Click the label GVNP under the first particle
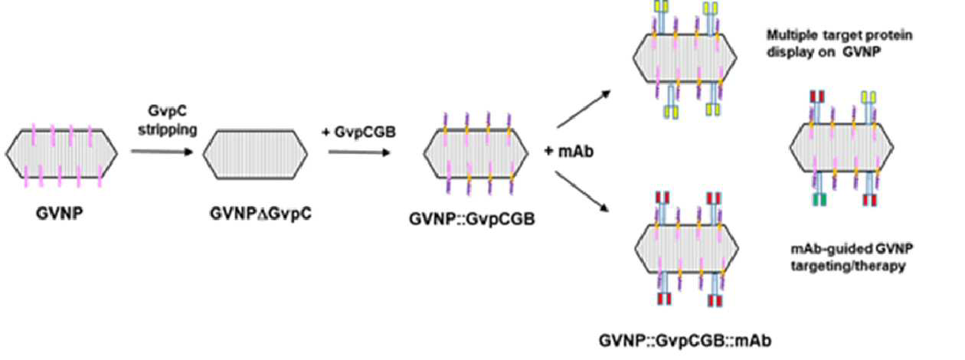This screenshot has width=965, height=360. pos(60,214)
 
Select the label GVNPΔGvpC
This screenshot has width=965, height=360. pos(260,214)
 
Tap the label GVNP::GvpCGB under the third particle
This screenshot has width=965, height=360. pos(472,219)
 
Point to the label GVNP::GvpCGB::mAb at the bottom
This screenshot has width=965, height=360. pos(685,341)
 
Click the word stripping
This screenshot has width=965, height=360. pos(168,130)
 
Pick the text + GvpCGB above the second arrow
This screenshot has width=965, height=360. pos(358,133)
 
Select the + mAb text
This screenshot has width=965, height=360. pos(568,151)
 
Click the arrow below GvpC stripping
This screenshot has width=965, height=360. pos(162,152)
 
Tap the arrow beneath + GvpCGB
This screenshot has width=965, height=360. pos(359,152)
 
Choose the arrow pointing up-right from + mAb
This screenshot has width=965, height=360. pos(584,109)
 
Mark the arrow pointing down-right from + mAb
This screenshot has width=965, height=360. pos(582,191)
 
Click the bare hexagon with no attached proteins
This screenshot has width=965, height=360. pos(256,154)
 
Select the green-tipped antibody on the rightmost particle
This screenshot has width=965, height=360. pos(819,188)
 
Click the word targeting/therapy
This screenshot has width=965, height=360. pos(848,266)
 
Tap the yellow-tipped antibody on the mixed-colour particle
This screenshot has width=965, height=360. pos(869,108)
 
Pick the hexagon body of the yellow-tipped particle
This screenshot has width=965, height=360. pos(685,57)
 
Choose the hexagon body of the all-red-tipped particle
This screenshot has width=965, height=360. pos(687,248)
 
